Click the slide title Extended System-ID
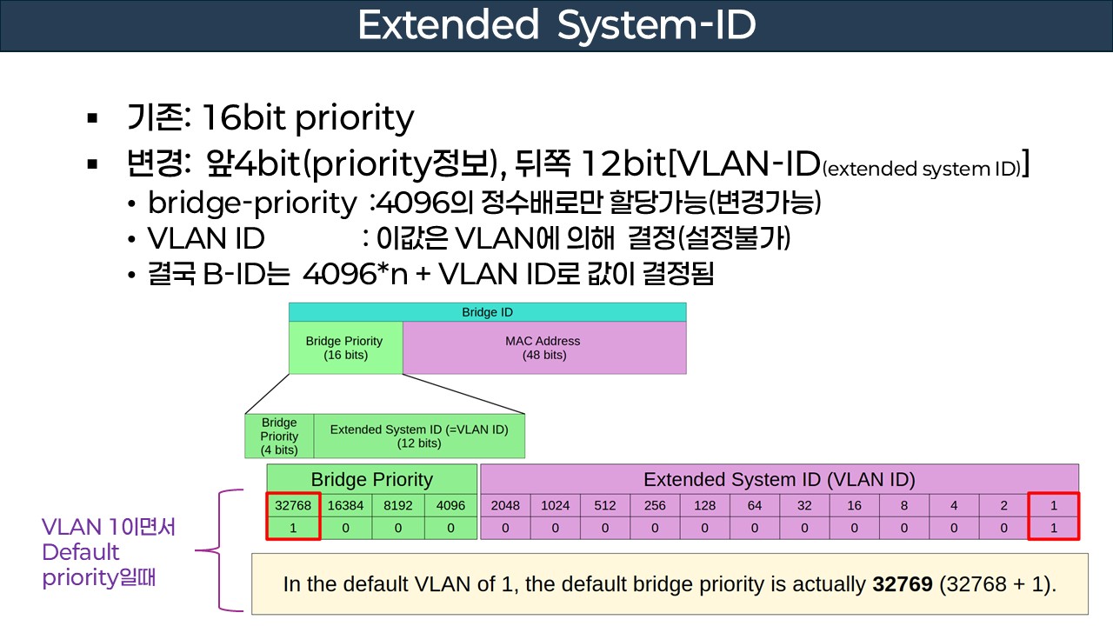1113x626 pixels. click(556, 26)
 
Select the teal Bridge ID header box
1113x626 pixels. click(487, 312)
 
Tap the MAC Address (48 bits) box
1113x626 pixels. click(543, 348)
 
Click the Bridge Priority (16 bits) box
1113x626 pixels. click(344, 348)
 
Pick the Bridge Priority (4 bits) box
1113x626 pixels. click(279, 436)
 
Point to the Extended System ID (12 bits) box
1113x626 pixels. click(419, 436)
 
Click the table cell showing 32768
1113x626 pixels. click(293, 505)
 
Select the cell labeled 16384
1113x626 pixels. click(346, 505)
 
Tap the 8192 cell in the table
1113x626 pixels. click(398, 505)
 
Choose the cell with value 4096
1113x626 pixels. click(450, 505)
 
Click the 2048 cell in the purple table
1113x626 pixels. click(505, 505)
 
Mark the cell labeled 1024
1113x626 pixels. click(555, 505)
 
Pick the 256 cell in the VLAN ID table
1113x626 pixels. click(655, 505)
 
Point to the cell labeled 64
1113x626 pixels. click(755, 505)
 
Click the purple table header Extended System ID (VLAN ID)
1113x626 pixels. click(779, 479)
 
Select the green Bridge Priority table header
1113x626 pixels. click(371, 479)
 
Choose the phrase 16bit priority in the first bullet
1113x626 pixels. click(307, 117)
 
